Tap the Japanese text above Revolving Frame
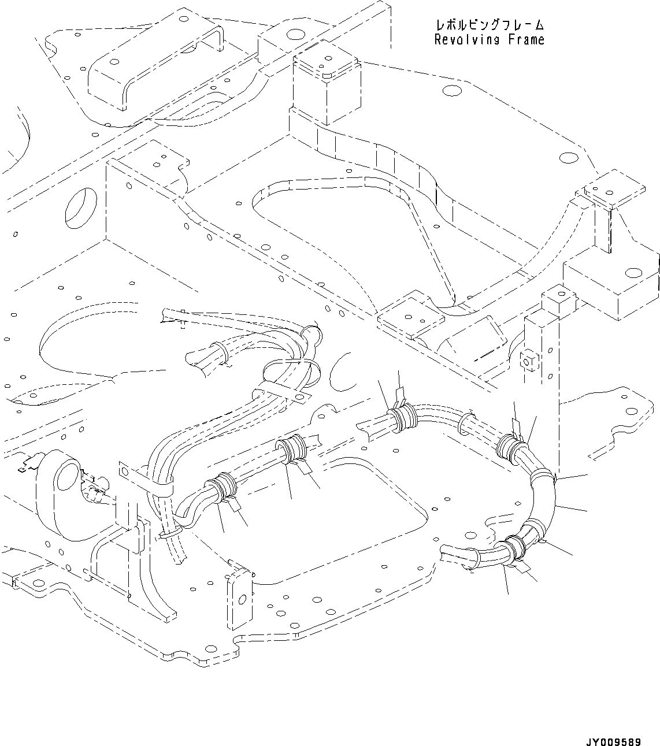489,25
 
